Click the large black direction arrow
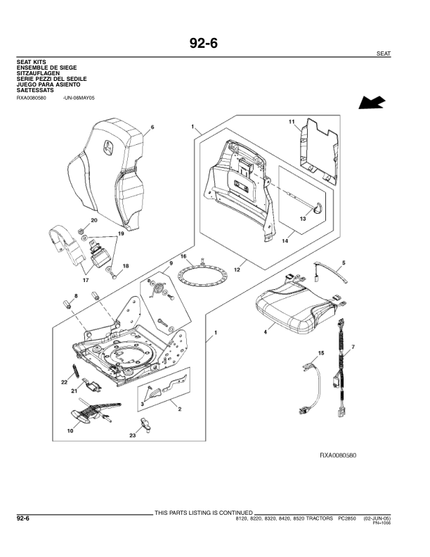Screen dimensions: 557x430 coord(372,103)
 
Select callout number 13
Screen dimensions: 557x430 coord(304,219)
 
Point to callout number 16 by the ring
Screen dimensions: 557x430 coord(183,257)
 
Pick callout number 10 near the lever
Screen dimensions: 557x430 coord(70,430)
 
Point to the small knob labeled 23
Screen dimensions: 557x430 coord(145,423)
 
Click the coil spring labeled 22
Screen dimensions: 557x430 coord(74,370)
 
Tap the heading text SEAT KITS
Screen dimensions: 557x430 coord(31,62)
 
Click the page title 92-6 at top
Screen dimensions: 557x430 coord(204,44)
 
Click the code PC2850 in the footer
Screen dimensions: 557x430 coord(348,518)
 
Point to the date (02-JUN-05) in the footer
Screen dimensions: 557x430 coord(377,518)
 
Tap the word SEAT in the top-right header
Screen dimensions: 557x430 coord(384,54)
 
